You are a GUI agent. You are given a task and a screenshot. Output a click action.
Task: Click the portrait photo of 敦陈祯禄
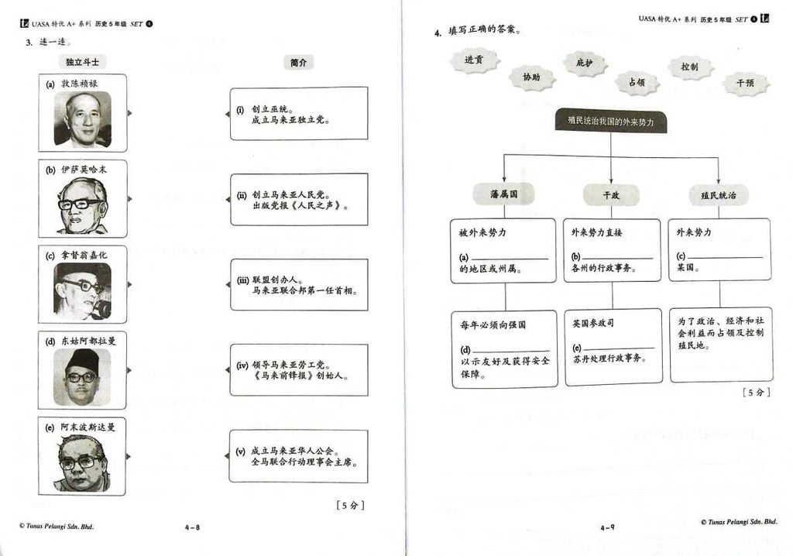pos(82,119)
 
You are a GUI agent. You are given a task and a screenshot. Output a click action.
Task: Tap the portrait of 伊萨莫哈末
pos(82,206)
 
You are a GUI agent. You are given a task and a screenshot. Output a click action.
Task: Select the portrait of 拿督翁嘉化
pos(82,291)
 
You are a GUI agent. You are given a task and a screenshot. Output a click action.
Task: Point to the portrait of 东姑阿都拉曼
pos(82,377)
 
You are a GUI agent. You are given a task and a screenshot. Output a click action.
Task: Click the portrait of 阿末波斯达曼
pos(82,462)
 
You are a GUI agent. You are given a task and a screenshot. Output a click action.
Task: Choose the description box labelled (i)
pos(299,114)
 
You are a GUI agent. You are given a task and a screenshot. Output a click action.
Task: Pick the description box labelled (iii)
pos(299,285)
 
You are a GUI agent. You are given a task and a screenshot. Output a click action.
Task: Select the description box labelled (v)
pos(299,456)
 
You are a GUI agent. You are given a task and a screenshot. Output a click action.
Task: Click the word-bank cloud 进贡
pos(474,60)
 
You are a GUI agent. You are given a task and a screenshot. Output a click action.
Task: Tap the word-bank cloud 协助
pos(531,77)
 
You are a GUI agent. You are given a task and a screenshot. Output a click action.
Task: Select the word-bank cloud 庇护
pos(584,63)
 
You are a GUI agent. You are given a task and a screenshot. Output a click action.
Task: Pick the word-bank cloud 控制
pos(689,67)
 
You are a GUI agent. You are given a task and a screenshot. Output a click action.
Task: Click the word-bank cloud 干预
pos(745,83)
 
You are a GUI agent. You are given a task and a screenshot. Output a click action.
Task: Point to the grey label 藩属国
pos(503,195)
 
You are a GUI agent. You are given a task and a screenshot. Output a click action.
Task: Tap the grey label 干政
pos(611,196)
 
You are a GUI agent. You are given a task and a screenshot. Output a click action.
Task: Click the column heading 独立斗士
pos(82,63)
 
